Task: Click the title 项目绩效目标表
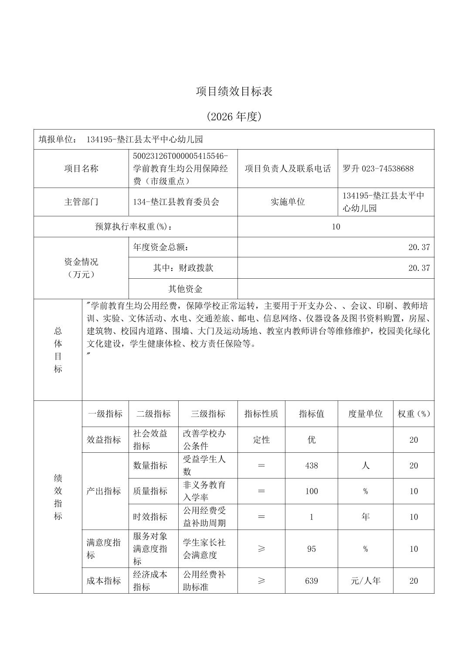234,92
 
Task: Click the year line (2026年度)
234,116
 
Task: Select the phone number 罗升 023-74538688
378,169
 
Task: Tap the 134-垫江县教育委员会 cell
176,202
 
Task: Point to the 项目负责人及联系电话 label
288,169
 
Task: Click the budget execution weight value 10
336,227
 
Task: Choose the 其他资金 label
185,289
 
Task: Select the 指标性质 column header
261,414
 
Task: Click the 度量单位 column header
365,414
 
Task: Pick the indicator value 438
311,465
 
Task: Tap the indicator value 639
311,581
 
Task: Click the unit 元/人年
365,581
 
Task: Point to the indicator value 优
311,440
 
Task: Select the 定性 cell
261,440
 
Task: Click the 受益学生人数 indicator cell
204,465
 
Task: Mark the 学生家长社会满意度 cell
204,549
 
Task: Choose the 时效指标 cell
150,517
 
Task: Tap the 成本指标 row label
104,581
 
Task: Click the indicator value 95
311,549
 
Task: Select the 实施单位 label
288,202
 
